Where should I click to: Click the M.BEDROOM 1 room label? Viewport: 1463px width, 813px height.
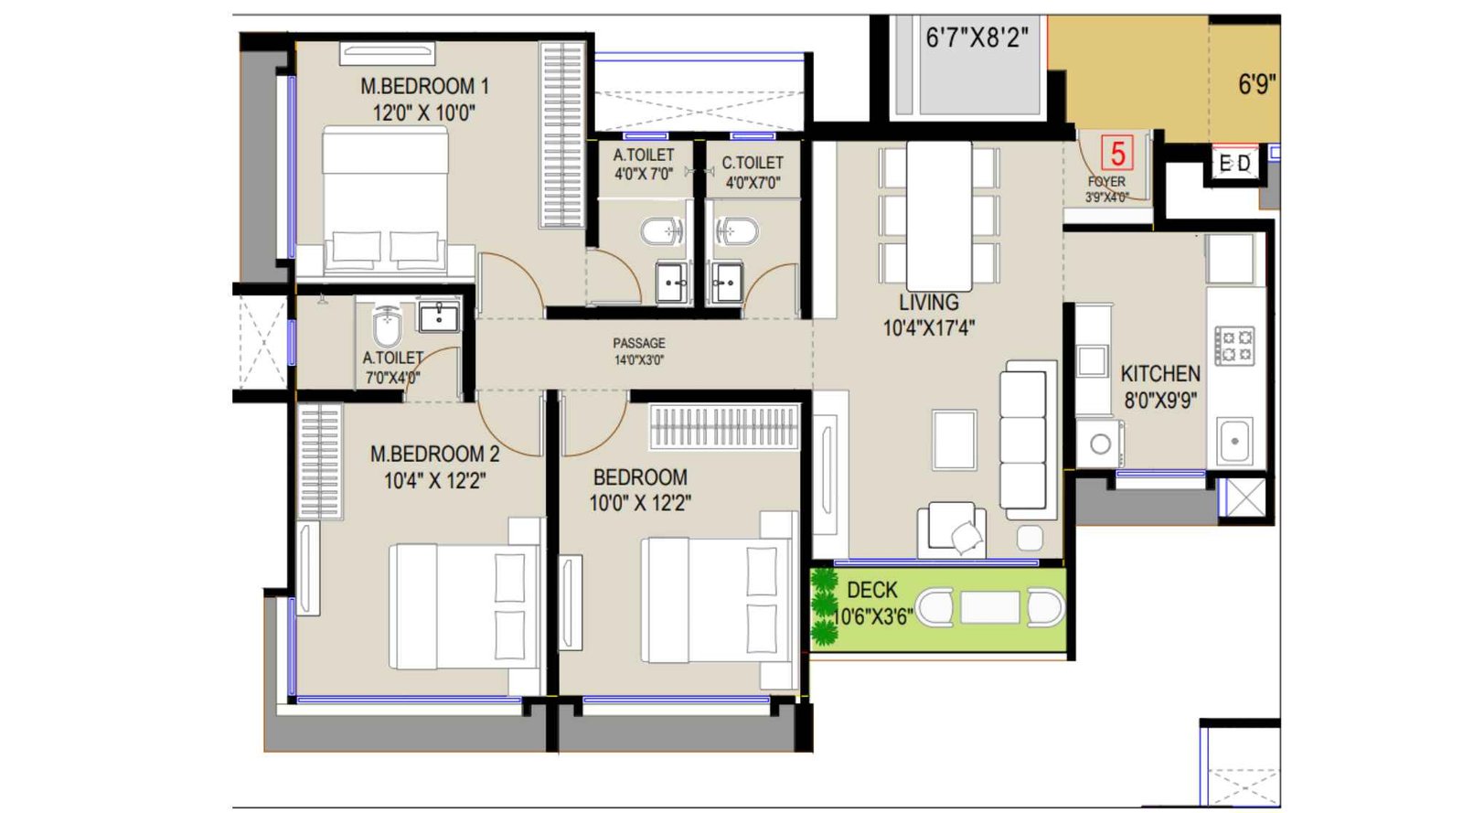tap(424, 87)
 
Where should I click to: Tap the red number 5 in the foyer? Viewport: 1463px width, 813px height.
tap(1116, 153)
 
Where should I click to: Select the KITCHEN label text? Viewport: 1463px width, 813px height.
tap(1159, 374)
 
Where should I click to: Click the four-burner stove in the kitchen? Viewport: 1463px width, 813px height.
tap(1234, 346)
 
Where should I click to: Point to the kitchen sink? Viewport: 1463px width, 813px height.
tap(1234, 442)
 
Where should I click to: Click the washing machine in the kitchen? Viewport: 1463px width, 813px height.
tap(1100, 444)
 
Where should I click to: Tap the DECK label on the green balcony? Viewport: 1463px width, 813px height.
tap(871, 590)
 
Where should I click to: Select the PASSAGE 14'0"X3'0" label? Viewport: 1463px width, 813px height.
tap(638, 351)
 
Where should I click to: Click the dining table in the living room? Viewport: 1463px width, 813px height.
tap(939, 216)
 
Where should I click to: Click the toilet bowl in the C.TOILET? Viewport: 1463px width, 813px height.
tap(738, 231)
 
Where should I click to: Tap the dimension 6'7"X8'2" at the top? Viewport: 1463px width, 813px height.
tap(976, 37)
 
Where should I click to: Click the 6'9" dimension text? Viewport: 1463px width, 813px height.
tap(1256, 84)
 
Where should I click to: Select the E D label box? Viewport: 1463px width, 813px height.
tap(1234, 164)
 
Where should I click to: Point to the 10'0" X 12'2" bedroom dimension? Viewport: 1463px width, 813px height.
tap(639, 503)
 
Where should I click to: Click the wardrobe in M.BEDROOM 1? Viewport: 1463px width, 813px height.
tap(561, 134)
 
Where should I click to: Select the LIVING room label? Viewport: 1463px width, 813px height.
tap(928, 303)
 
